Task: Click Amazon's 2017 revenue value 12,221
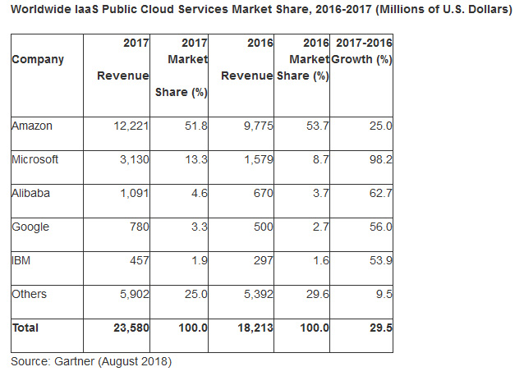pyautogui.click(x=128, y=125)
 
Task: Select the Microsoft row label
pyautogui.click(x=35, y=159)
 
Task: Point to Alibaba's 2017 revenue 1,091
pyautogui.click(x=131, y=194)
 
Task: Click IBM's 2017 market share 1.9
pyautogui.click(x=198, y=261)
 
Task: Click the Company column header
pyautogui.click(x=38, y=60)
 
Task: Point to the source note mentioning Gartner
pyautogui.click(x=90, y=360)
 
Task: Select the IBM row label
pyautogui.click(x=21, y=261)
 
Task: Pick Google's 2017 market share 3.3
pyautogui.click(x=198, y=227)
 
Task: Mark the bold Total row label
pyautogui.click(x=25, y=328)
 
